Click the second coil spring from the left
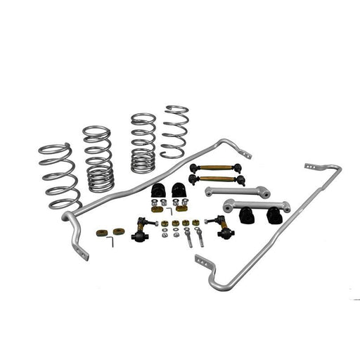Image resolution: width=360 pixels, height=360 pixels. [98, 158]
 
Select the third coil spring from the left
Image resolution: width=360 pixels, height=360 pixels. [143, 143]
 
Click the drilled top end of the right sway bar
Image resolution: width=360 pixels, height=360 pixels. [312, 167]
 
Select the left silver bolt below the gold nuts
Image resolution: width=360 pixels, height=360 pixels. [188, 238]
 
